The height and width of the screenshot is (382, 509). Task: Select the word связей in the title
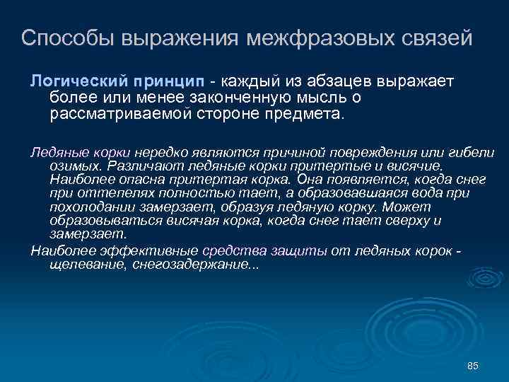point(438,38)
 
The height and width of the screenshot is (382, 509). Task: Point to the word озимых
point(74,166)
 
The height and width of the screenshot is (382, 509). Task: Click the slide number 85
point(474,365)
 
